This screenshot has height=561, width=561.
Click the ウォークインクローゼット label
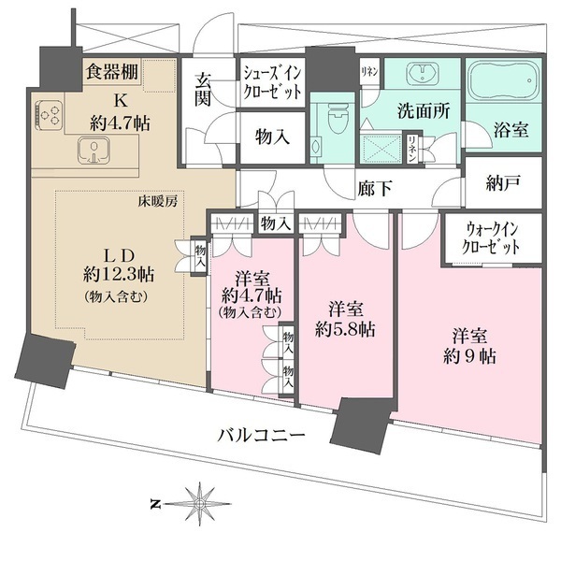(x=492, y=240)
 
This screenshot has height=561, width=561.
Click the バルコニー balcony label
(x=262, y=435)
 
